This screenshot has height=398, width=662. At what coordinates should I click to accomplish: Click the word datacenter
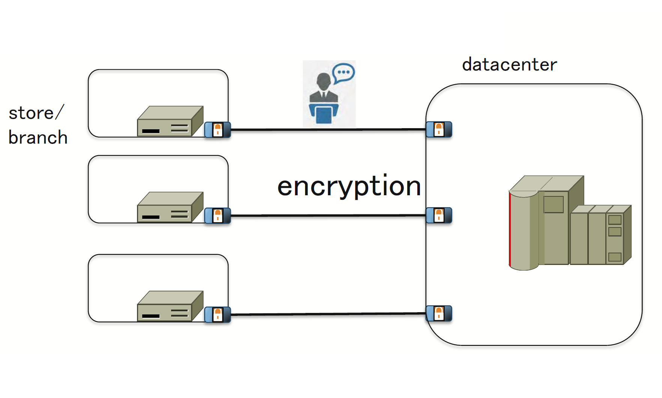pos(509,65)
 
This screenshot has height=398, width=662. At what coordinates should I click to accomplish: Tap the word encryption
pos(349,186)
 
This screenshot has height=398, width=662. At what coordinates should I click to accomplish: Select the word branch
pos(38,138)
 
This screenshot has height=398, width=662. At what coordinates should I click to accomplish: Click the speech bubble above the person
pos(343,72)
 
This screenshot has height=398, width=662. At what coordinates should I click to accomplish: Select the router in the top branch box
pos(170,121)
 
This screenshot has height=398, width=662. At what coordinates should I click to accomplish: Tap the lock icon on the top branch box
pos(218,130)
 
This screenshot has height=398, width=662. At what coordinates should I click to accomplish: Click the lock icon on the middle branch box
pos(218,215)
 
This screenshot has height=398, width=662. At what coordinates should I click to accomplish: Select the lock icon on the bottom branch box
pos(218,314)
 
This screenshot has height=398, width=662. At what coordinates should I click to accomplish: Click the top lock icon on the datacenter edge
pos(439,129)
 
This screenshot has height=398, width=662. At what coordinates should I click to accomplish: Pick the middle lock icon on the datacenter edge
pos(439,215)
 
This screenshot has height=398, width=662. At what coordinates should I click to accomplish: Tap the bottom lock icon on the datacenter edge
pos(439,313)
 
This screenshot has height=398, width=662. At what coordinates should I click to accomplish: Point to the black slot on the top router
pos(151,131)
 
